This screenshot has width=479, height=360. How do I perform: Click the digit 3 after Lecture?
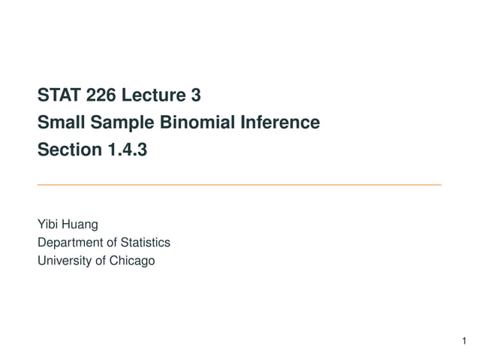pyautogui.click(x=195, y=95)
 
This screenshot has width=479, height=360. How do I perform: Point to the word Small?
pyautogui.click(x=59, y=123)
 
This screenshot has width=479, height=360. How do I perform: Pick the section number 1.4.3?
pyautogui.click(x=126, y=150)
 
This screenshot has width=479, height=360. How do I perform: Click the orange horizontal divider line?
pyautogui.click(x=239, y=184)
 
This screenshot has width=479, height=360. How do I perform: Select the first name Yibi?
pyautogui.click(x=47, y=224)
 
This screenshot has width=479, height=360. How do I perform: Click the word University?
pyautogui.click(x=62, y=260)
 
